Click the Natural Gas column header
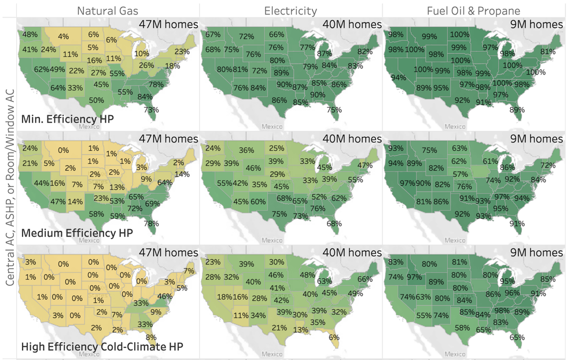click(108, 10)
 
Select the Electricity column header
click(290, 10)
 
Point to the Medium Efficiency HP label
click(77, 233)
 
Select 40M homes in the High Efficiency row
click(354, 252)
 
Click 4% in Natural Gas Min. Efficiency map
click(63, 37)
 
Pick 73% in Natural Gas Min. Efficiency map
click(152, 109)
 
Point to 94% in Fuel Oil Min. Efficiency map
click(398, 77)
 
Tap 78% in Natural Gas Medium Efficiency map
click(152, 223)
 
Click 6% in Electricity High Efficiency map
click(334, 337)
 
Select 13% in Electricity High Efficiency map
click(300, 330)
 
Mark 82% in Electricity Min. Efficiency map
click(365, 52)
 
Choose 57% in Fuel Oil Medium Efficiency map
click(460, 174)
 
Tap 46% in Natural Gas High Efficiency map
click(165, 296)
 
